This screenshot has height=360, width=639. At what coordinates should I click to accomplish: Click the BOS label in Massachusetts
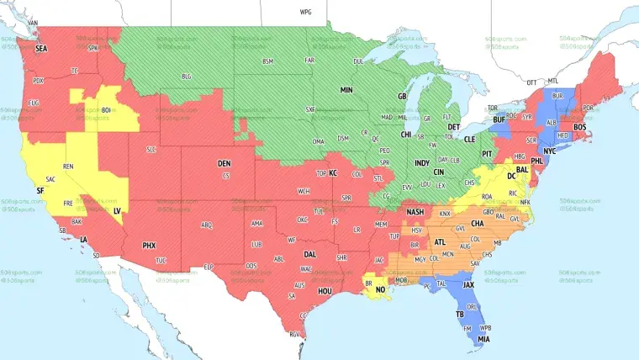point(579,127)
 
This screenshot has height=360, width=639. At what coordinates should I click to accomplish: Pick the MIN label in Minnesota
point(346,88)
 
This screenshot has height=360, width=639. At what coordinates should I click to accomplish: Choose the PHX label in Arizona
point(149,245)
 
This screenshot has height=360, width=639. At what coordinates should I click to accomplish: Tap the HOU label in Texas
point(327,290)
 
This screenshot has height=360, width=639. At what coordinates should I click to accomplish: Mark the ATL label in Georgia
point(441,242)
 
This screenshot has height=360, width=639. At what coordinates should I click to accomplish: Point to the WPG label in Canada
point(305,13)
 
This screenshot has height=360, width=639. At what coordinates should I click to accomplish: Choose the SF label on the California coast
point(40,191)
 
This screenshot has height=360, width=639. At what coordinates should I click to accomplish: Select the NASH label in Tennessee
point(415,212)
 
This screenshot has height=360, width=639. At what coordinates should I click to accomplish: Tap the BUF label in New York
point(499,120)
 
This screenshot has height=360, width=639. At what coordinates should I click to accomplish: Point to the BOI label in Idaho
point(107,109)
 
